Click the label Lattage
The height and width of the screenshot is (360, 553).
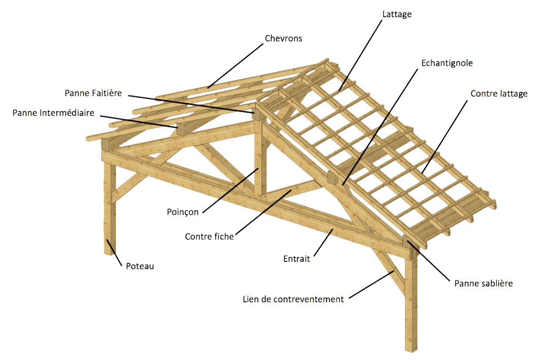pyautogui.click(x=397, y=14)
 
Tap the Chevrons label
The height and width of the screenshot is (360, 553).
pyautogui.click(x=283, y=39)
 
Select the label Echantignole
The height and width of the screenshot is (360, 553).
pyautogui.click(x=447, y=63)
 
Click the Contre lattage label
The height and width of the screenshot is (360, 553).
pyautogui.click(x=499, y=94)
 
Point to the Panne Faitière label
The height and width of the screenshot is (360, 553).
pyautogui.click(x=93, y=93)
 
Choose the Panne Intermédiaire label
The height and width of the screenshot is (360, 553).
pyautogui.click(x=53, y=113)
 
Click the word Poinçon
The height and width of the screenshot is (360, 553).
pyautogui.click(x=183, y=212)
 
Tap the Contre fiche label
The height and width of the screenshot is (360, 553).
pyautogui.click(x=209, y=237)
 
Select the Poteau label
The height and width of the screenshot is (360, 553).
pyautogui.click(x=140, y=266)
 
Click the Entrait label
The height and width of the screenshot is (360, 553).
pyautogui.click(x=297, y=259)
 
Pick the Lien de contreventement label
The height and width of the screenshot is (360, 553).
pyautogui.click(x=293, y=299)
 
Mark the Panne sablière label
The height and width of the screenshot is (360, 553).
pyautogui.click(x=483, y=284)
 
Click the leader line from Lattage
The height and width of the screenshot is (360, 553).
pyautogui.click(x=360, y=55)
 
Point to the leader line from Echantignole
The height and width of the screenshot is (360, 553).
pyautogui.click(x=380, y=126)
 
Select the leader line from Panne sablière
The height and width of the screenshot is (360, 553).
pyautogui.click(x=429, y=261)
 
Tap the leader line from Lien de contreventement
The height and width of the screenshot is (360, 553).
pyautogui.click(x=371, y=285)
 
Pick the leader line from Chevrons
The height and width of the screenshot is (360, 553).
pyautogui.click(x=235, y=66)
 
